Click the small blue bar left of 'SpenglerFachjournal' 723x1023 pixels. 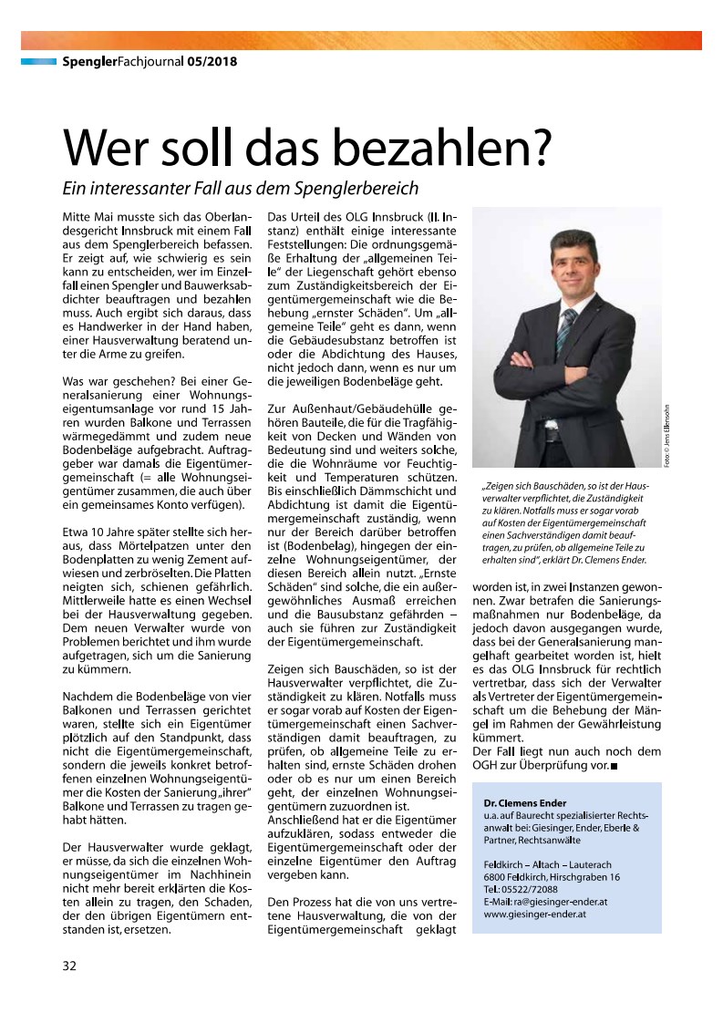(39, 62)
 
